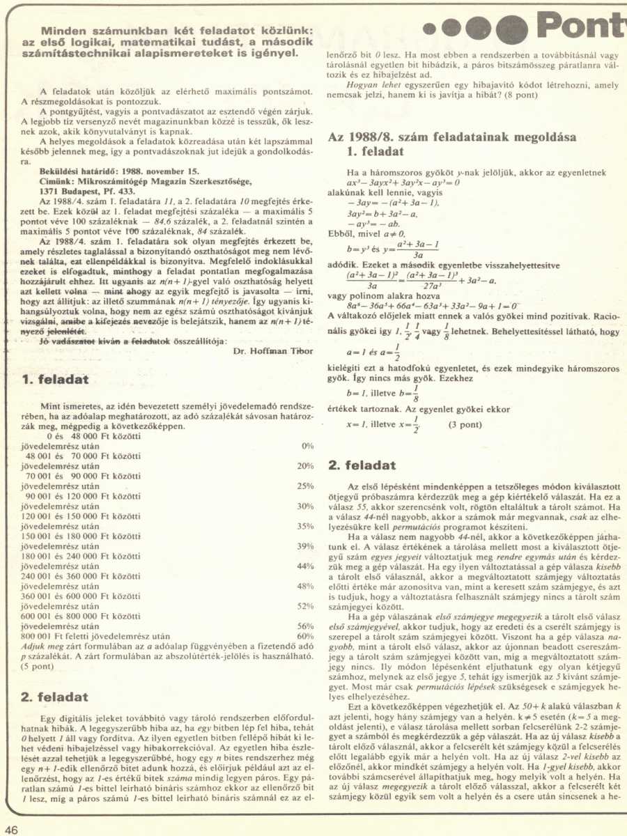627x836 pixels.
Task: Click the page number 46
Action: tap(11, 829)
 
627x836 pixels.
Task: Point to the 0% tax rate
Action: tap(308, 446)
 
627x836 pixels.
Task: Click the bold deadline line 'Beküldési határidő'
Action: tap(120, 169)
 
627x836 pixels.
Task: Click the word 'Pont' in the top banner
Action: tap(585, 26)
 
